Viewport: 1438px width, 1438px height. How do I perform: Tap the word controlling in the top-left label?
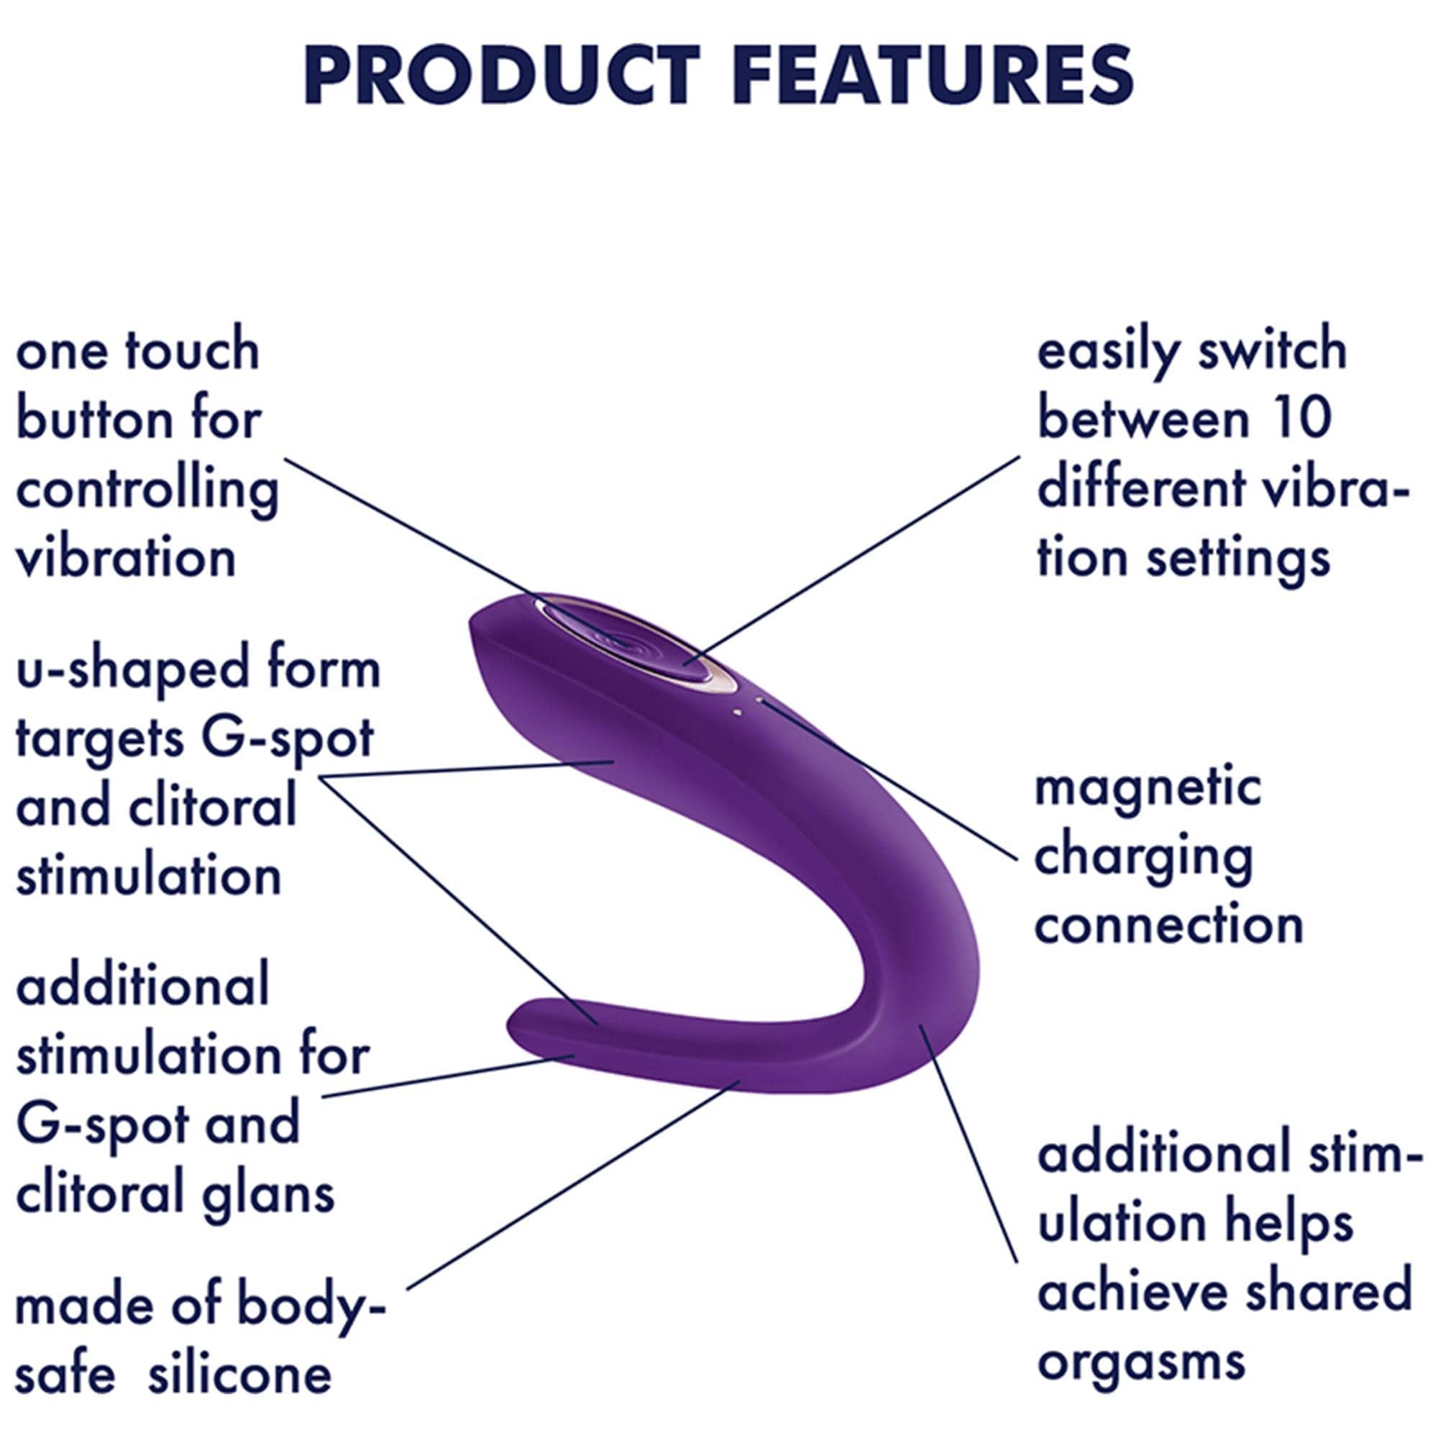(147, 492)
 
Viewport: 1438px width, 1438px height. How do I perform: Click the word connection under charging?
(1168, 925)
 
